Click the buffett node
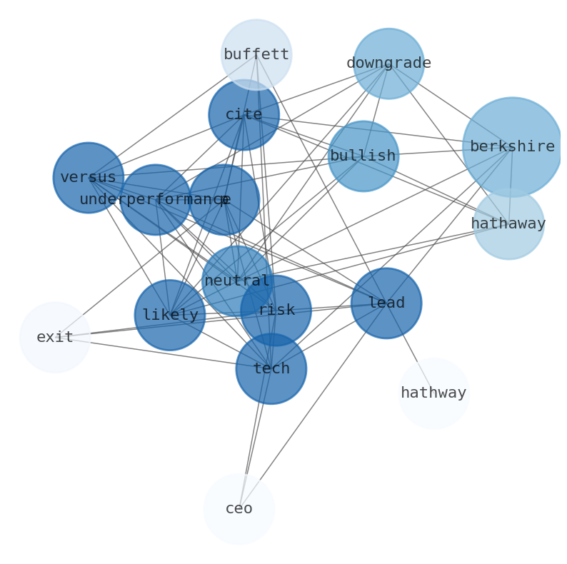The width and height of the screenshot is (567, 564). pyautogui.click(x=256, y=54)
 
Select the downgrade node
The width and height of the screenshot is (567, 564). pyautogui.click(x=388, y=64)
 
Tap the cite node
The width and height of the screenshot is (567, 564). pyautogui.click(x=244, y=114)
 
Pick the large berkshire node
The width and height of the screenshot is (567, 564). pyautogui.click(x=512, y=147)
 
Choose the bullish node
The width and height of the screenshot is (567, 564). pyautogui.click(x=363, y=156)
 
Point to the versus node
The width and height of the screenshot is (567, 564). pyautogui.click(x=88, y=178)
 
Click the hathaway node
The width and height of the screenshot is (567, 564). pyautogui.click(x=508, y=224)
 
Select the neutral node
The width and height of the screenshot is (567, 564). pyautogui.click(x=236, y=281)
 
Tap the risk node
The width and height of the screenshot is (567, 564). pyautogui.click(x=276, y=311)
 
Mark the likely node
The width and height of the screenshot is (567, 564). pyautogui.click(x=170, y=315)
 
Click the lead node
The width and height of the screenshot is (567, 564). pyautogui.click(x=386, y=303)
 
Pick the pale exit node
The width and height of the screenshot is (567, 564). pyautogui.click(x=55, y=337)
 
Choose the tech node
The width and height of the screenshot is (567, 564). pyautogui.click(x=271, y=369)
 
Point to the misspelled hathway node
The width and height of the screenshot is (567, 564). pyautogui.click(x=433, y=393)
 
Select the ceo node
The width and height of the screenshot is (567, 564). pyautogui.click(x=239, y=509)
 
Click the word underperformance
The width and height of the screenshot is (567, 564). pyautogui.click(x=154, y=200)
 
